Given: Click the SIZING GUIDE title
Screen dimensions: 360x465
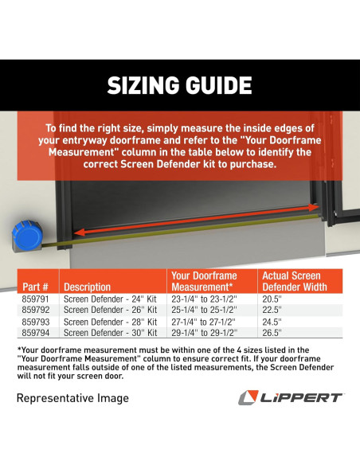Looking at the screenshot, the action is click(x=180, y=85).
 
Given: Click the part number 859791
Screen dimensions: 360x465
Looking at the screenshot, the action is click(x=35, y=299).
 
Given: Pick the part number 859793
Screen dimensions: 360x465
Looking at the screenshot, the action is click(x=35, y=321).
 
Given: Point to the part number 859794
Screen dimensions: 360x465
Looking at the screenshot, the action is click(x=35, y=332).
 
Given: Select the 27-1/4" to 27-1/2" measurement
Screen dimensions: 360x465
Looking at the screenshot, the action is click(x=204, y=321).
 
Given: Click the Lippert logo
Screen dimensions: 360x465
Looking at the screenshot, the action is click(x=292, y=397).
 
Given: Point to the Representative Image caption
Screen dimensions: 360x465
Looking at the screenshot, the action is click(x=72, y=397).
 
